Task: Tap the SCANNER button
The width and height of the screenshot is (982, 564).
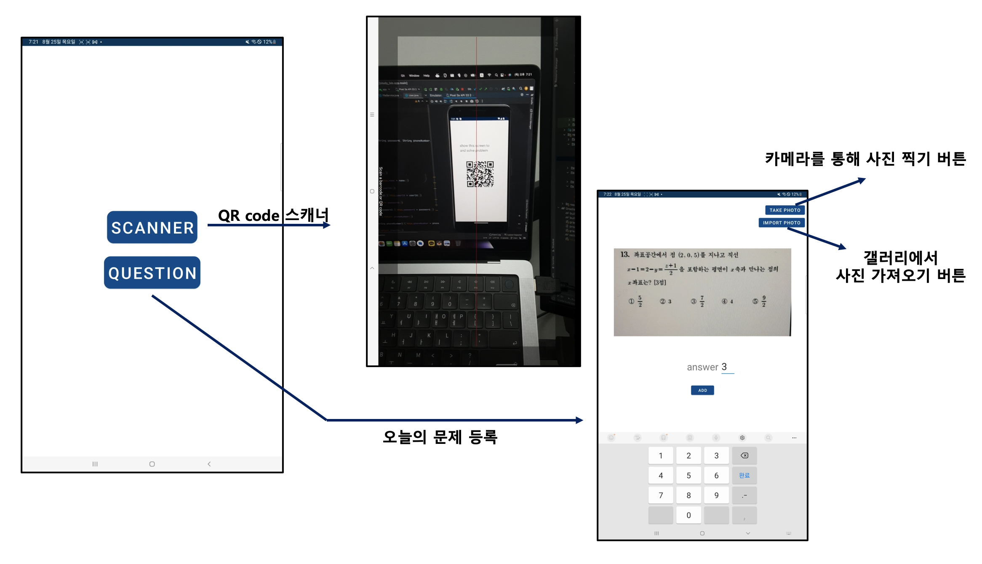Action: pyautogui.click(x=152, y=228)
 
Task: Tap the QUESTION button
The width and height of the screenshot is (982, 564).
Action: pyautogui.click(x=152, y=273)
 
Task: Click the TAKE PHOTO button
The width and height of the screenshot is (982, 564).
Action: pyautogui.click(x=785, y=210)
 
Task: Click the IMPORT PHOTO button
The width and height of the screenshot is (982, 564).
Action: pyautogui.click(x=781, y=223)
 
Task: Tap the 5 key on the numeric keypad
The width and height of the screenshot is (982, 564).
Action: pyautogui.click(x=688, y=475)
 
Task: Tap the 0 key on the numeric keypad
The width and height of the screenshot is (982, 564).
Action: pyautogui.click(x=688, y=515)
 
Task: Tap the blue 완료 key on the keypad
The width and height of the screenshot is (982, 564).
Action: pyautogui.click(x=744, y=475)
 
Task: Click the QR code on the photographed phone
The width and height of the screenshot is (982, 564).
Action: pyautogui.click(x=480, y=174)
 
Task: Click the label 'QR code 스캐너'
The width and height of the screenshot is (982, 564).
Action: pyautogui.click(x=273, y=215)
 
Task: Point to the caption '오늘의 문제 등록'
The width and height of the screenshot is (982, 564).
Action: pyautogui.click(x=440, y=437)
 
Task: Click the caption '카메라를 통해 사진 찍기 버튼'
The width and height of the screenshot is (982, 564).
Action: pyautogui.click(x=865, y=159)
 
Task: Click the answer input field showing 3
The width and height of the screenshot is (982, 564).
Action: pyautogui.click(x=726, y=367)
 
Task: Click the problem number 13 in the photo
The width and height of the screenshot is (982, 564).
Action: pyautogui.click(x=624, y=254)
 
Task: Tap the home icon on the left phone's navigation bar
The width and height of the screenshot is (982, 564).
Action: pyautogui.click(x=152, y=464)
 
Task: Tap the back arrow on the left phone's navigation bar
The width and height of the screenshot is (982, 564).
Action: pyautogui.click(x=209, y=464)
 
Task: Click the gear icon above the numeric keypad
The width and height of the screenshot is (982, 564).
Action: pyautogui.click(x=742, y=438)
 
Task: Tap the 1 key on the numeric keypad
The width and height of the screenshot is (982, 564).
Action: pyautogui.click(x=661, y=456)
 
